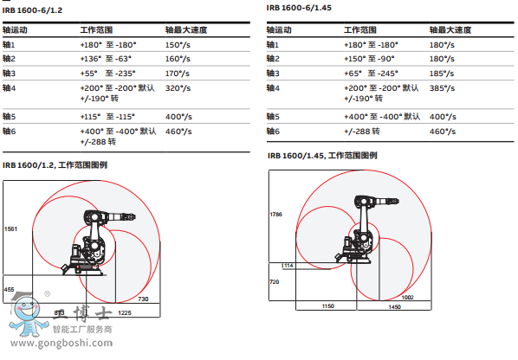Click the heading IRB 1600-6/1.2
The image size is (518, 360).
click(32, 10)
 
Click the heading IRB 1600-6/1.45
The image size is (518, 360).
click(299, 8)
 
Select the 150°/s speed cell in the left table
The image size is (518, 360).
click(178, 45)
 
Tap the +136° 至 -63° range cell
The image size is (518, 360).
click(106, 59)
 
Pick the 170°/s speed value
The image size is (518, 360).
click(178, 74)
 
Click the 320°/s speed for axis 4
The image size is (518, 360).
click(178, 88)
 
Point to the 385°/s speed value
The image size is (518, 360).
click(442, 88)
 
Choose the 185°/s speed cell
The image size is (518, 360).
click(442, 74)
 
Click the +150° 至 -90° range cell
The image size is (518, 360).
click(369, 59)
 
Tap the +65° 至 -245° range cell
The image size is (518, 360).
click(372, 74)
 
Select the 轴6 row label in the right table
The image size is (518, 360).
click(273, 132)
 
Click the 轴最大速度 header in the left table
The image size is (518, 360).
click(186, 30)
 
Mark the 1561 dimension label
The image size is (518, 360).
click(10, 229)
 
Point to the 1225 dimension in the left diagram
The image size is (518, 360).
click(125, 312)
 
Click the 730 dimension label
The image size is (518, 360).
click(143, 299)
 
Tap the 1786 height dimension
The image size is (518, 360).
click(275, 215)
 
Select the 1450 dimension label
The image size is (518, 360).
click(394, 307)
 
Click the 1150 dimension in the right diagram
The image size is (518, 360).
click(328, 306)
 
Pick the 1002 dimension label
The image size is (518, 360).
click(407, 298)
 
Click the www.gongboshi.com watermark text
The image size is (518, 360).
click(62, 344)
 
